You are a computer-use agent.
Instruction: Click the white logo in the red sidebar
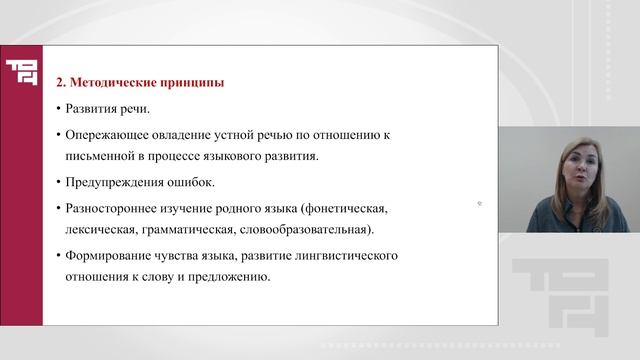coord(22,71)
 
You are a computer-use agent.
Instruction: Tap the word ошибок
coord(195,182)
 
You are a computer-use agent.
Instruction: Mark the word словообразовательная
coord(306,229)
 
